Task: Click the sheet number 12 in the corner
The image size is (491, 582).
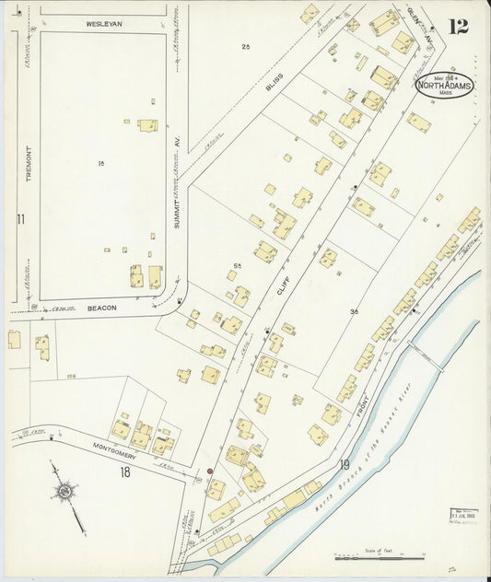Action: [x=457, y=26]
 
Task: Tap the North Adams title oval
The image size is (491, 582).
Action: [x=444, y=87]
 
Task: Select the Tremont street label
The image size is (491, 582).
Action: [x=29, y=166]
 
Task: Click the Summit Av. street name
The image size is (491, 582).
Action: [x=177, y=208]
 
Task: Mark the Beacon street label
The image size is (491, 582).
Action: [x=102, y=308]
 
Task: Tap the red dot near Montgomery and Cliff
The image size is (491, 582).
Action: [x=210, y=471]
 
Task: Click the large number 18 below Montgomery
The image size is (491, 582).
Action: [x=125, y=472]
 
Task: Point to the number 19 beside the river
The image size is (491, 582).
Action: [x=345, y=464]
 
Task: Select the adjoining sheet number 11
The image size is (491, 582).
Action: [x=18, y=218]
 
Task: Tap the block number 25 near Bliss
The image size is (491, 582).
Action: [x=245, y=46]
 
